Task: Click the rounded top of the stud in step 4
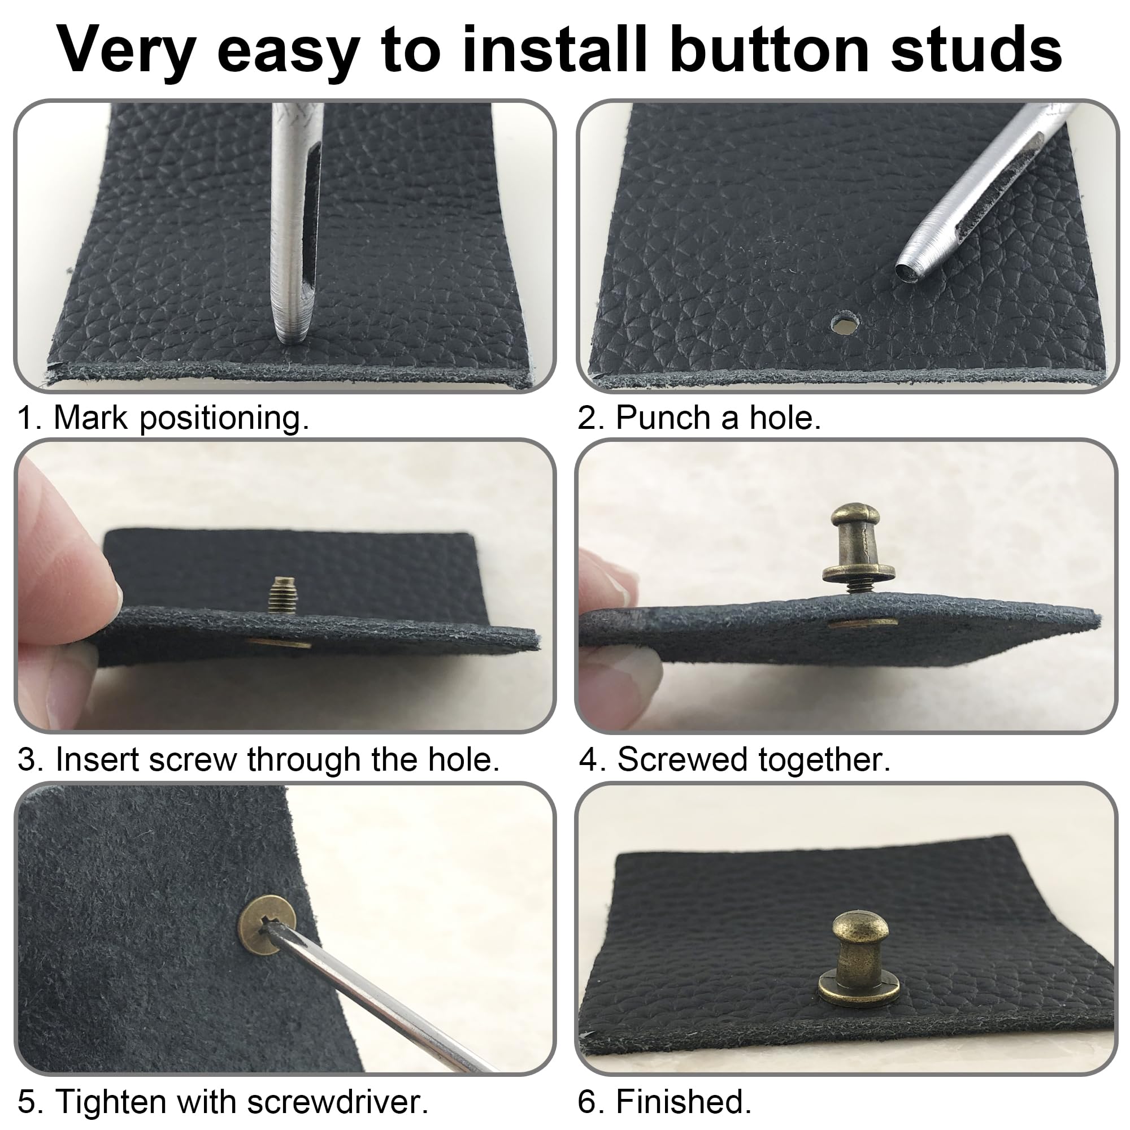point(855,516)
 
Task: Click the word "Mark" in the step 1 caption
point(90,418)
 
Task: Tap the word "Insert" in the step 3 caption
point(97,759)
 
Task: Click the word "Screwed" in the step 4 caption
point(682,759)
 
